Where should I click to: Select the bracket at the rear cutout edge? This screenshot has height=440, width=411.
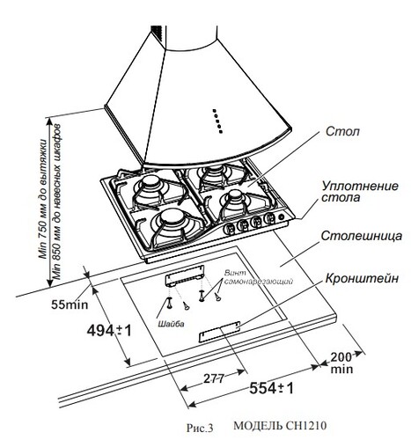pyautogui.click(x=183, y=277)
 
